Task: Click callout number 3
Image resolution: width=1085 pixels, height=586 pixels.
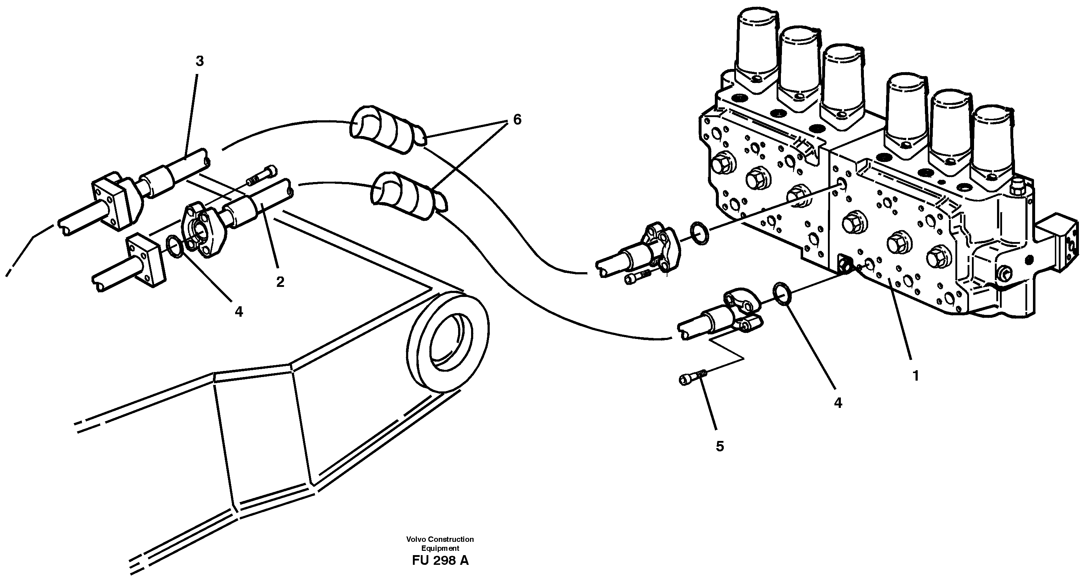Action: [x=199, y=61]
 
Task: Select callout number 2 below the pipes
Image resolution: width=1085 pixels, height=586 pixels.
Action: [x=280, y=282]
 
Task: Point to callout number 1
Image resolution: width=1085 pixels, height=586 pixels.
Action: [x=915, y=375]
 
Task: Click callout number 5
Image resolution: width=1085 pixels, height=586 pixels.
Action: [x=720, y=446]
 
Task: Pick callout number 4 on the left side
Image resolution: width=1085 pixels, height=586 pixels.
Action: [x=239, y=312]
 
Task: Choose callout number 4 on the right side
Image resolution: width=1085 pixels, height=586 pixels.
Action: [x=838, y=403]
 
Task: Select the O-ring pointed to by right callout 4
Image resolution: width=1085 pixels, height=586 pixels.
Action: [x=782, y=293]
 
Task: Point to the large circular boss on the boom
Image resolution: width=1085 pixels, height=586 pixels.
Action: [x=448, y=343]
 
